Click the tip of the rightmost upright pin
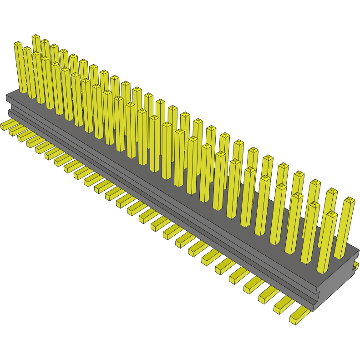click(x=349, y=200)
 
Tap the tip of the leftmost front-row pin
click(x=18, y=44)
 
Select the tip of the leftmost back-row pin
click(x=36, y=36)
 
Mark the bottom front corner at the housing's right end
click(x=313, y=311)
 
